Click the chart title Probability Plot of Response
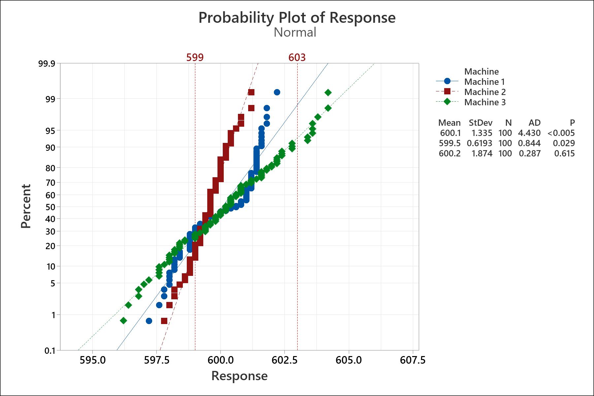(297, 18)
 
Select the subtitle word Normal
(295, 32)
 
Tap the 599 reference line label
(195, 57)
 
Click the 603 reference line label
(297, 57)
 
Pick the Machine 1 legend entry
(484, 82)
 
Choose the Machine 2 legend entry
(484, 92)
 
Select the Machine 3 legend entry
(484, 102)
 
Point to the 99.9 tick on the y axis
(47, 63)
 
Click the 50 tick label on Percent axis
(50, 207)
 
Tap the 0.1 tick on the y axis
(50, 350)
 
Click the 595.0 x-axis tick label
(93, 360)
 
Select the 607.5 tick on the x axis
(412, 360)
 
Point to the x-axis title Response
(239, 376)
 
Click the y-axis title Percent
(26, 206)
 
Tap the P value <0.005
(561, 133)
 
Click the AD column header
(535, 123)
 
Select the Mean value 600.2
(449, 153)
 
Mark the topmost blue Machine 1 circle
(277, 92)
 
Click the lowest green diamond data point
(123, 320)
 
